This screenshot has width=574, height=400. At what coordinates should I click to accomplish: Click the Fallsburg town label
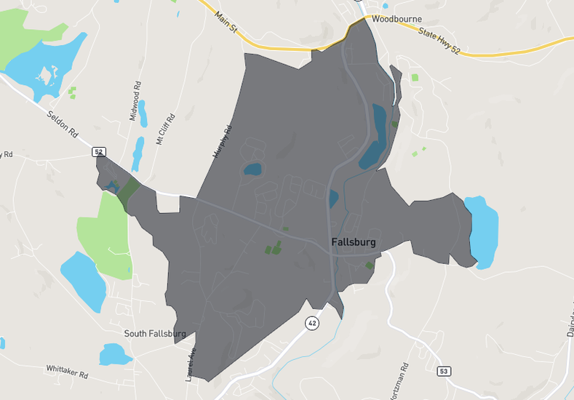coord(353,243)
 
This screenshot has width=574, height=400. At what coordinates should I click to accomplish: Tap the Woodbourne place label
coord(396,19)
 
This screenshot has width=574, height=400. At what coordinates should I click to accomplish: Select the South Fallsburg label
coord(155,334)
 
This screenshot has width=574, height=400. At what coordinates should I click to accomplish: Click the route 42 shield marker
coord(312,323)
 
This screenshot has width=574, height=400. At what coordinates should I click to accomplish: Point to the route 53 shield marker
coord(444,372)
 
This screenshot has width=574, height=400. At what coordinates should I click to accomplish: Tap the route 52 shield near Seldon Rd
coord(99,152)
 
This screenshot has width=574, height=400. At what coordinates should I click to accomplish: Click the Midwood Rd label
coord(135,101)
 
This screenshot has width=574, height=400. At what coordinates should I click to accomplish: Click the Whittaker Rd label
coord(67,372)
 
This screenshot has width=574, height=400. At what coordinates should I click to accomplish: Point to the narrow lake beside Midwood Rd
coord(141,115)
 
